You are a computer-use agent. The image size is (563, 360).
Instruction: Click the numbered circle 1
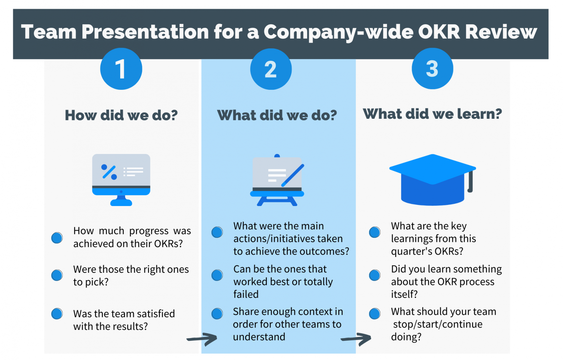click(x=121, y=69)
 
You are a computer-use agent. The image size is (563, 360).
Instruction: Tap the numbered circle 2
click(x=271, y=69)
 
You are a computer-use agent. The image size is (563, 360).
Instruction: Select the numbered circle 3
click(x=432, y=69)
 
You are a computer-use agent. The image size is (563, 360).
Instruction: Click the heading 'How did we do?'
click(x=121, y=115)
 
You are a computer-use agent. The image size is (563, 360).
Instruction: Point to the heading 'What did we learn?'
click(x=432, y=114)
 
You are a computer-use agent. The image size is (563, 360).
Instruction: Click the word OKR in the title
click(x=438, y=32)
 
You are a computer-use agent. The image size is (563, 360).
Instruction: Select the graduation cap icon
click(x=432, y=179)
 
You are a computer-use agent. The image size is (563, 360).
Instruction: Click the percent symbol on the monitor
click(x=109, y=172)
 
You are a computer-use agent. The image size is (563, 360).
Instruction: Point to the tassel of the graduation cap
click(x=470, y=181)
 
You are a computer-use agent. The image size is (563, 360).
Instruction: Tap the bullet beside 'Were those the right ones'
click(x=57, y=275)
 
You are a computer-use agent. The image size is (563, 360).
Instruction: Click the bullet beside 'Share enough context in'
click(x=217, y=313)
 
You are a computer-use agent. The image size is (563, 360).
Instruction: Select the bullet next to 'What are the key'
click(x=375, y=232)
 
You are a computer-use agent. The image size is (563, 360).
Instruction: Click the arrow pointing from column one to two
click(x=203, y=339)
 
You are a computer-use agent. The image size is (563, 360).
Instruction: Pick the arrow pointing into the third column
click(x=357, y=339)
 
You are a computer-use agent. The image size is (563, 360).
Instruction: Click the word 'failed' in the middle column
click(x=246, y=294)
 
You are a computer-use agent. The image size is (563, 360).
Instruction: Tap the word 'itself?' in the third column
click(x=404, y=294)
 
